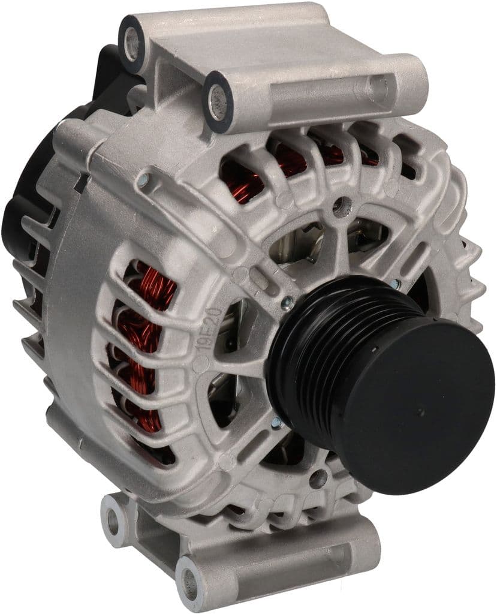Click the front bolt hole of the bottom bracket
pyautogui.click(x=191, y=580)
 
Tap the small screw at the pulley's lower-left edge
pyautogui.click(x=277, y=422)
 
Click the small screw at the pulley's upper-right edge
pyautogui.click(x=394, y=284)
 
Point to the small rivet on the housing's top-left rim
pyautogui.click(x=142, y=178)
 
